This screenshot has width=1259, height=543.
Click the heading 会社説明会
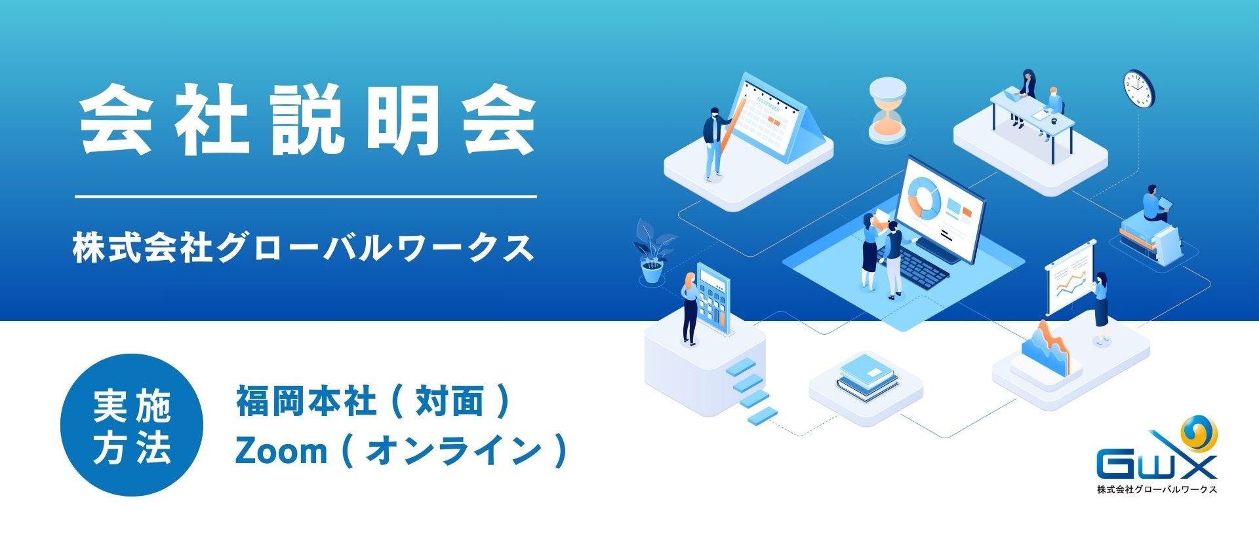[308, 121]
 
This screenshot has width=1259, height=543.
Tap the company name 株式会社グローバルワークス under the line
[304, 248]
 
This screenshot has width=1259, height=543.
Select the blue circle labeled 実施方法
[132, 425]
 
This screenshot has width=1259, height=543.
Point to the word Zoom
[281, 451]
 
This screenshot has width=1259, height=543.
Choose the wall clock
[1138, 88]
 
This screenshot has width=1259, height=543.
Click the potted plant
[652, 251]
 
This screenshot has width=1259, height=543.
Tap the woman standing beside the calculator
[689, 309]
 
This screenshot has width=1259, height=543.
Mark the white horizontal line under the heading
[306, 196]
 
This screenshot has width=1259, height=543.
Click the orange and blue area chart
[1046, 348]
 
